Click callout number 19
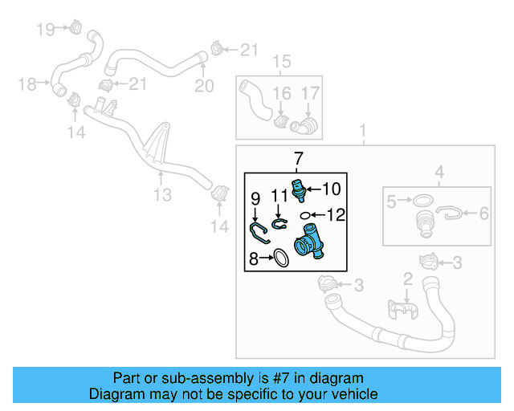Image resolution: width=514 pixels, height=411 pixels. pyautogui.click(x=44, y=30)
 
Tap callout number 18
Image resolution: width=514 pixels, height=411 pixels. pyautogui.click(x=27, y=83)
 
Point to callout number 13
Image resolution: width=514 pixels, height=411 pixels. pyautogui.click(x=162, y=195)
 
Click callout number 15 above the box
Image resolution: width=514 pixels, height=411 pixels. pyautogui.click(x=280, y=63)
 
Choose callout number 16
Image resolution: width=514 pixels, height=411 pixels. pyautogui.click(x=281, y=95)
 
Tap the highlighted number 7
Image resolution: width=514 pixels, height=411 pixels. pyautogui.click(x=297, y=157)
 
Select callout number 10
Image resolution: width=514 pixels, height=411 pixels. pyautogui.click(x=332, y=189)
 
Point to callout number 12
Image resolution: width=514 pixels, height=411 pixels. pyautogui.click(x=335, y=215)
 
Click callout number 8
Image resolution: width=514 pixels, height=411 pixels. pyautogui.click(x=253, y=258)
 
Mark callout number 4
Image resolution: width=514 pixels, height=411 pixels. pyautogui.click(x=439, y=171)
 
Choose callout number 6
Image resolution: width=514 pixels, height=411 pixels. pyautogui.click(x=484, y=214)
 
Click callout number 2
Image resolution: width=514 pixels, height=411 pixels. pyautogui.click(x=407, y=279)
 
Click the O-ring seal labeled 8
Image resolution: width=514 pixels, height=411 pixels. pyautogui.click(x=280, y=258)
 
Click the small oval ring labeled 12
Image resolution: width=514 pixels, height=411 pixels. pyautogui.click(x=305, y=215)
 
